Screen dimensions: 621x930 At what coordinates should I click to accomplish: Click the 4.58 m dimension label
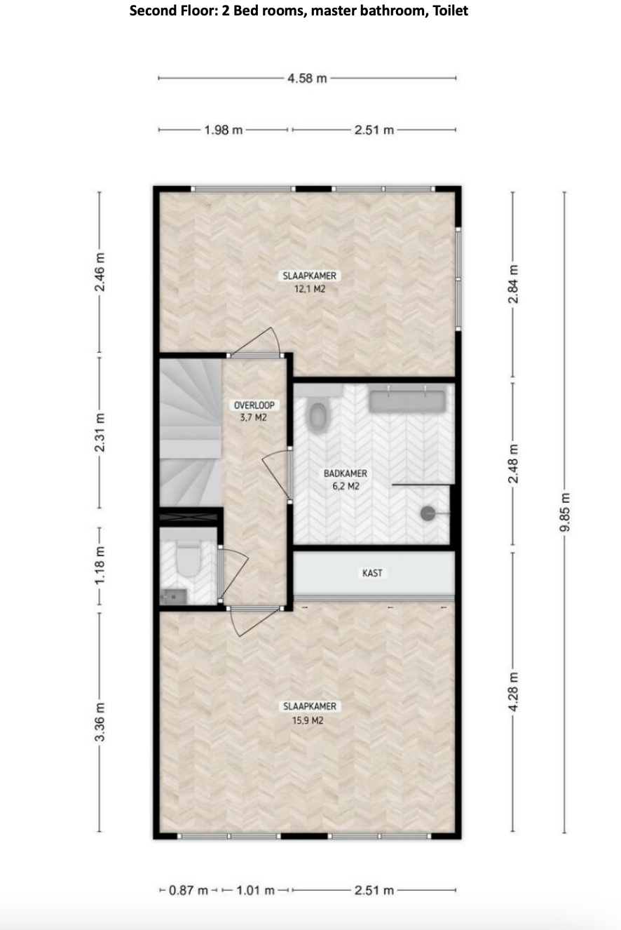tap(307, 78)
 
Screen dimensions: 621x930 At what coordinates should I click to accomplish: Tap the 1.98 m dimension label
tap(223, 130)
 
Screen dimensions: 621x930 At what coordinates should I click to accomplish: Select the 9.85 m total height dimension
tap(565, 512)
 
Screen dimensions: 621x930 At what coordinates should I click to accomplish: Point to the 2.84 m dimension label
tap(513, 284)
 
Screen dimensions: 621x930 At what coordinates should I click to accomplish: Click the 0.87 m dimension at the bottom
tap(189, 890)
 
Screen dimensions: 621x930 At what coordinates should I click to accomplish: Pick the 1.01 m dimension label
tap(256, 890)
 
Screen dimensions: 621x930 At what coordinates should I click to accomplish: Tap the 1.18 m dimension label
tap(100, 565)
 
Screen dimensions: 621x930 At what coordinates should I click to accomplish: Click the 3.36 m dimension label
tap(100, 722)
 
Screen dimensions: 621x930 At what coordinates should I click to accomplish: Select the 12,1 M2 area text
tap(310, 289)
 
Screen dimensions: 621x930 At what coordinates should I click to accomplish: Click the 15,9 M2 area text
tap(308, 720)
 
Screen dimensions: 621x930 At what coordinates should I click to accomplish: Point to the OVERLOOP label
tap(254, 405)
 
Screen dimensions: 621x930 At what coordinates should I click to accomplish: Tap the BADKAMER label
tap(345, 473)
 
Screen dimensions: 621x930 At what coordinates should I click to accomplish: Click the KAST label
tap(372, 573)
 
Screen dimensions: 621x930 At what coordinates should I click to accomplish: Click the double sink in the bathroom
tap(407, 399)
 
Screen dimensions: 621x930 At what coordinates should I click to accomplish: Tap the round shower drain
tap(428, 513)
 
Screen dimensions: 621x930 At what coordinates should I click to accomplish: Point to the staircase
tap(191, 433)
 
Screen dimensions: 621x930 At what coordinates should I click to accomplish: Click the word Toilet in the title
tap(450, 10)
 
